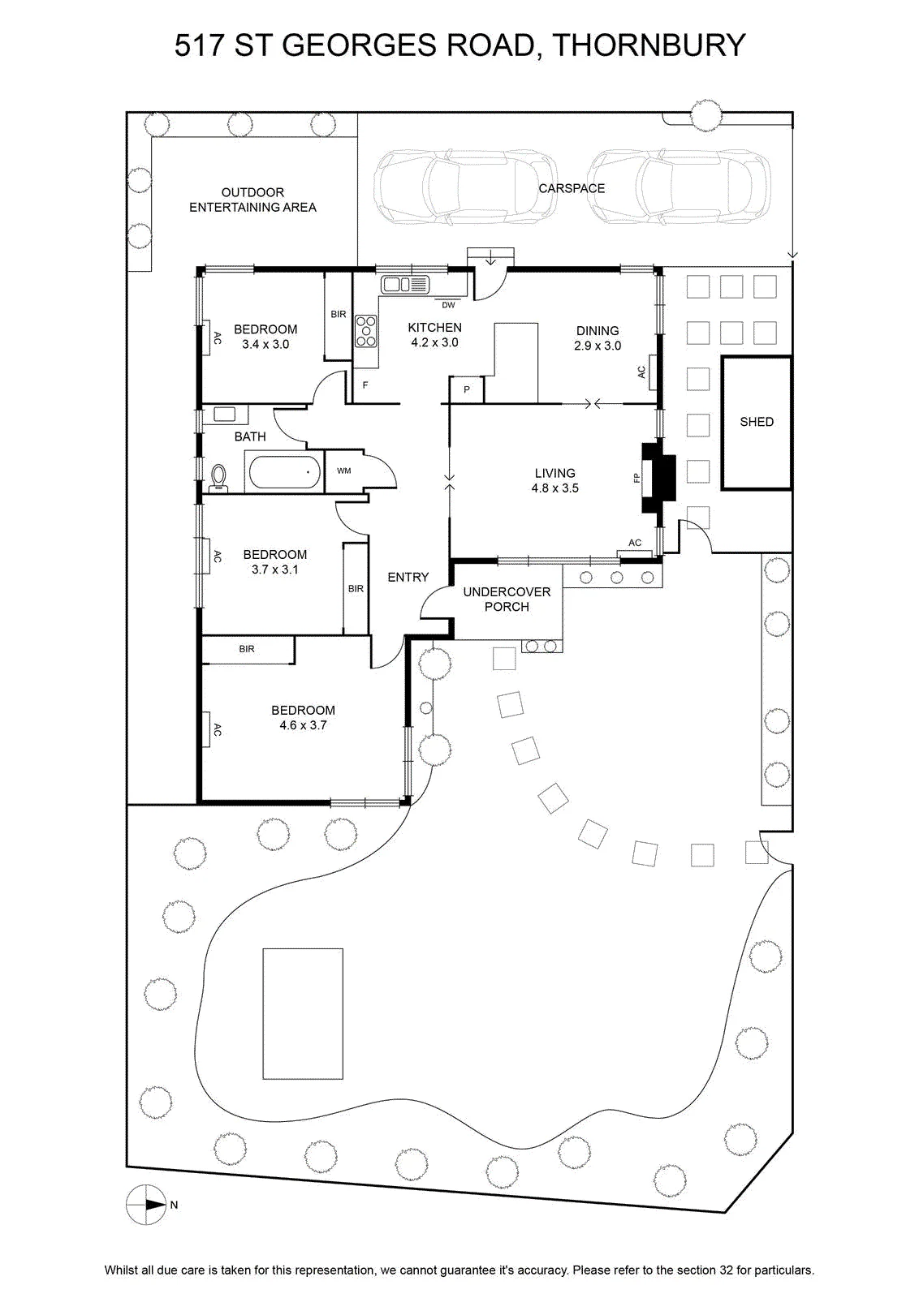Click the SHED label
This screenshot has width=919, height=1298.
pyautogui.click(x=756, y=422)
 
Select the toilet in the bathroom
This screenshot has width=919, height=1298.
pyautogui.click(x=219, y=478)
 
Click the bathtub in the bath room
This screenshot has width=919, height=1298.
pyautogui.click(x=283, y=472)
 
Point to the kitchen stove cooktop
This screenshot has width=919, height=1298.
pyautogui.click(x=366, y=331)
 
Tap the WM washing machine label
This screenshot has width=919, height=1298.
pyautogui.click(x=344, y=471)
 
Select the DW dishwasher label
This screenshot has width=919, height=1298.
pyautogui.click(x=448, y=305)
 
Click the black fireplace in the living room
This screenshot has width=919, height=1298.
pyautogui.click(x=658, y=478)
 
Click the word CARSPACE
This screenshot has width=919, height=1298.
pyautogui.click(x=571, y=188)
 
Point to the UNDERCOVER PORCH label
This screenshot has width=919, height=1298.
pyautogui.click(x=506, y=600)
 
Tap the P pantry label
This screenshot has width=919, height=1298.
pyautogui.click(x=467, y=390)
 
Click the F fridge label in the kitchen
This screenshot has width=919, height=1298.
pyautogui.click(x=365, y=385)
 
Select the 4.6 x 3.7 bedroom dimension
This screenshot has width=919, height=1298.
pyautogui.click(x=303, y=725)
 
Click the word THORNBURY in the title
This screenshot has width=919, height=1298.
pyautogui.click(x=649, y=45)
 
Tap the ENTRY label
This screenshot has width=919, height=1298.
pyautogui.click(x=408, y=577)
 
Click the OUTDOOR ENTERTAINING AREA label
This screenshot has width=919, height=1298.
pyautogui.click(x=252, y=200)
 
